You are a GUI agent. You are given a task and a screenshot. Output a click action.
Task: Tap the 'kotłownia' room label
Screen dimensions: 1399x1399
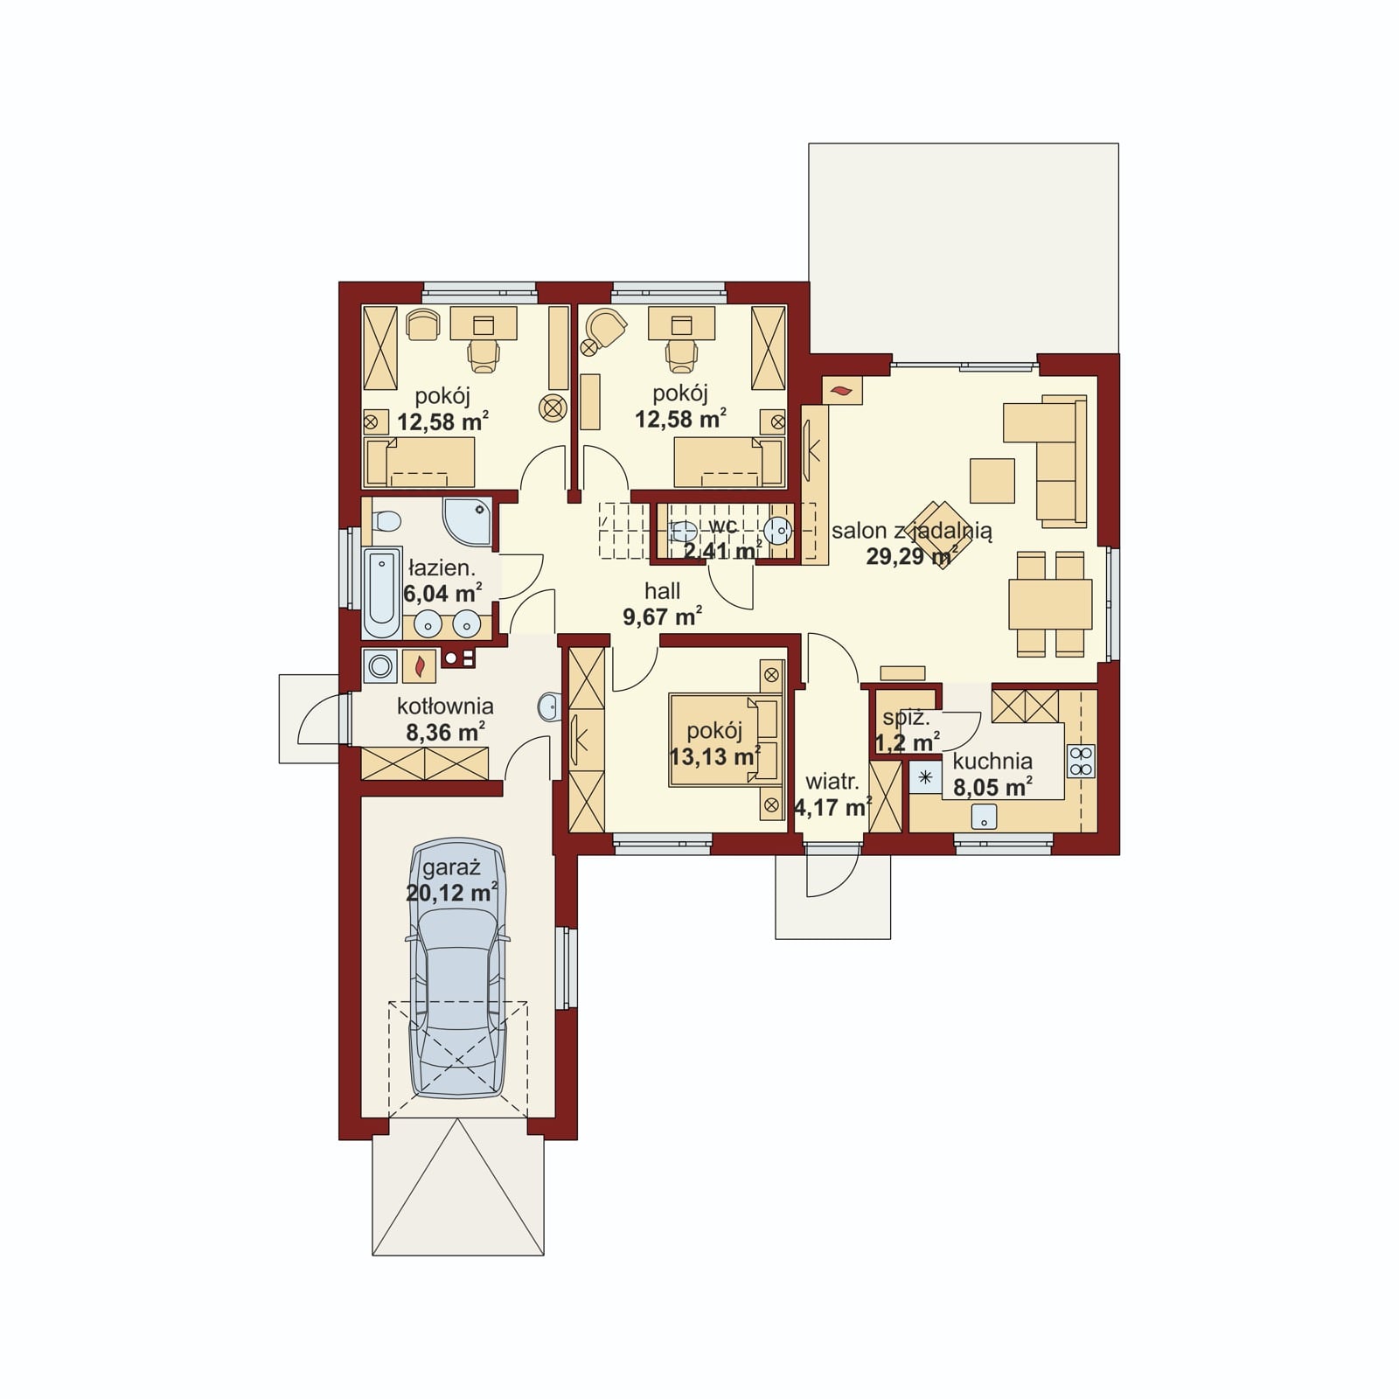445,706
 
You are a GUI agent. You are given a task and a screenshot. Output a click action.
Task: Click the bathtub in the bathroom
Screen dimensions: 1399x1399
381,594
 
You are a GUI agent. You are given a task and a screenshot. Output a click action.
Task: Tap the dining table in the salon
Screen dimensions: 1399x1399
1050,604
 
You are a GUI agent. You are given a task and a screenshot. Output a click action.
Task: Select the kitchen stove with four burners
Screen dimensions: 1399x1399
1081,761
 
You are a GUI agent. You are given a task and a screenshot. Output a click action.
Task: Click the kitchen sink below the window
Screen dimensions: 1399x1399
985,817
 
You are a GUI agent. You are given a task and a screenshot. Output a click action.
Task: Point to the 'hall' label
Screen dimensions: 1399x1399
662,591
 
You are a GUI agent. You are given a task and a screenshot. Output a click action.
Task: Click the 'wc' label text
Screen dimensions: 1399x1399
723,526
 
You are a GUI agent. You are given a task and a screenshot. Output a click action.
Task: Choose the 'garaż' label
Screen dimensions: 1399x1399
451,868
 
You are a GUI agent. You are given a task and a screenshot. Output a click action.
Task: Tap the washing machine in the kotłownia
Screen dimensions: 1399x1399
380,666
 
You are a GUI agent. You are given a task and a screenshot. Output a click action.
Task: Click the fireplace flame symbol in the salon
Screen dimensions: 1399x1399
842,391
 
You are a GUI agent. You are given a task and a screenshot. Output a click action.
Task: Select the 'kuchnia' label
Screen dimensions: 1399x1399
992,761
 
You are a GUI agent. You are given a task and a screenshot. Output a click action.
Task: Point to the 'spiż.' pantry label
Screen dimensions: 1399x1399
906,718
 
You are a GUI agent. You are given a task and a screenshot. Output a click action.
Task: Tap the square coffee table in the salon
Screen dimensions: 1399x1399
992,481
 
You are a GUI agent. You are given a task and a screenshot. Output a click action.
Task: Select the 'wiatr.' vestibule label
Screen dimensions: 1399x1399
832,782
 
